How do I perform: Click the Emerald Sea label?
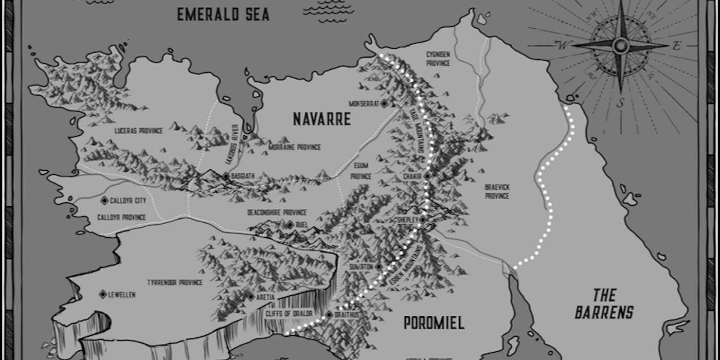pos(223,14)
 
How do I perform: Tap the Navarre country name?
pos(321,119)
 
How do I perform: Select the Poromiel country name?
pos(434,323)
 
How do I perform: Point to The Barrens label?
pos(604,303)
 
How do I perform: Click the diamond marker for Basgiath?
pos(225,176)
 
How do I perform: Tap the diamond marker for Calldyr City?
pos(104,200)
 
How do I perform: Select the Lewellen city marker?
pos(103,294)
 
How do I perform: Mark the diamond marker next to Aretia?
pos(250,297)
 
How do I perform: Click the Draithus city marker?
pos(329,314)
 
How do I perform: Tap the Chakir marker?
pos(426,176)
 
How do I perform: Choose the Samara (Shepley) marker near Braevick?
pos(422,220)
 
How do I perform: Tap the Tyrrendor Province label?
pos(175,282)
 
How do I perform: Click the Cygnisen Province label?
pos(438,58)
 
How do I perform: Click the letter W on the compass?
pos(563,46)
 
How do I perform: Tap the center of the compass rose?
pos(620,45)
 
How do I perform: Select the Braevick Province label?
pos(497,191)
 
